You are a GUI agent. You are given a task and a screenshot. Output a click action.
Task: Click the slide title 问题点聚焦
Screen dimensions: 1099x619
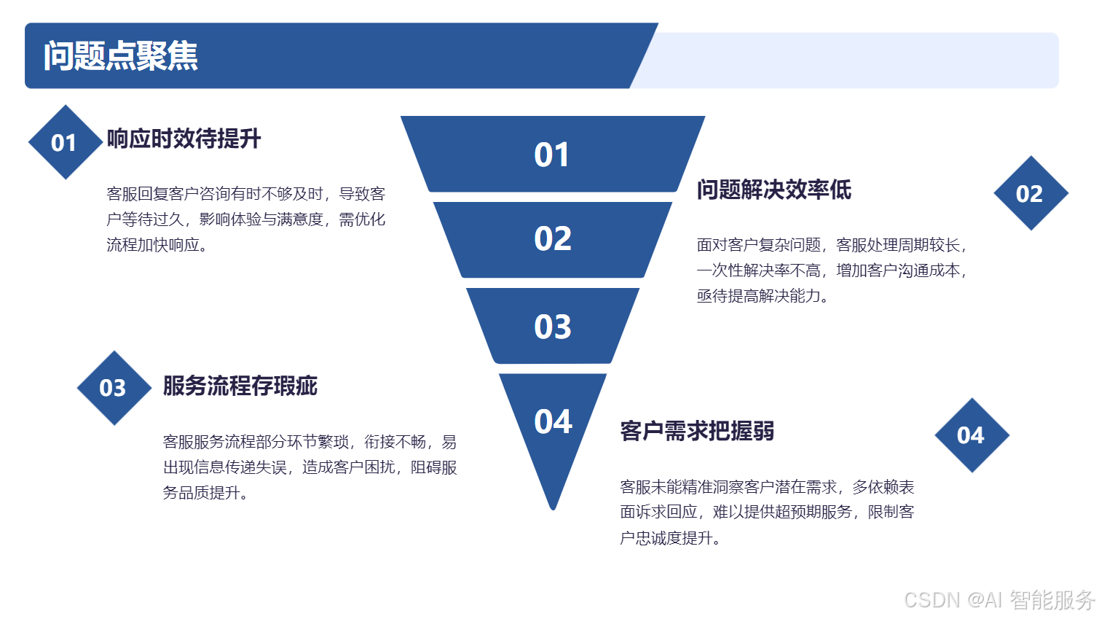[121, 56]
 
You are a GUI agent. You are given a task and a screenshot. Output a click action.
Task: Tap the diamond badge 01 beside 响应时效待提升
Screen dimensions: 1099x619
[65, 143]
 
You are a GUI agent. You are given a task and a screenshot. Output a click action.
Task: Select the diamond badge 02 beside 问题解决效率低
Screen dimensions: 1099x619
[1030, 194]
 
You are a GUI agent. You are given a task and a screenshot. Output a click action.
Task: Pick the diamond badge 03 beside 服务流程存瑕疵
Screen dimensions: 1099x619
[114, 388]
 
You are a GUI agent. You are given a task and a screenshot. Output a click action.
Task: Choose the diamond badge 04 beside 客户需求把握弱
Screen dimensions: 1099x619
[971, 435]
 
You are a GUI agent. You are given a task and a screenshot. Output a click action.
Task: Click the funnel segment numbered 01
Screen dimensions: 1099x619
[552, 155]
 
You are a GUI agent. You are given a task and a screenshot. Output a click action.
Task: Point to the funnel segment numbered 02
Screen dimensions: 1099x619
[552, 239]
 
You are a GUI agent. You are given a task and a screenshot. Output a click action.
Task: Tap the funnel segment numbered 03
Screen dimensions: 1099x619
[552, 327]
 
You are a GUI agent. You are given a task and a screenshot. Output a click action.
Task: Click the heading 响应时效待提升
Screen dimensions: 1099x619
[184, 139]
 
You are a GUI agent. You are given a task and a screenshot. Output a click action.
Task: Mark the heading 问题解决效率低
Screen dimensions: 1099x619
[773, 190]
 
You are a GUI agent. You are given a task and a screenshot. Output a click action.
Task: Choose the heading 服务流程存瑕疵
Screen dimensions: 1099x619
[240, 386]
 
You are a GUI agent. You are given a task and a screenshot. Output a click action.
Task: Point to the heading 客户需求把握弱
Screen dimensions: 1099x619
[696, 431]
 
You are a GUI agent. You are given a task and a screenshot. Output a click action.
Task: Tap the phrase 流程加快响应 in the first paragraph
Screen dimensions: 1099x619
[153, 245]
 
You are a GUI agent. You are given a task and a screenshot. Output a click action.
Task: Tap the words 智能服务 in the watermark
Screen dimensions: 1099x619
[1052, 600]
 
